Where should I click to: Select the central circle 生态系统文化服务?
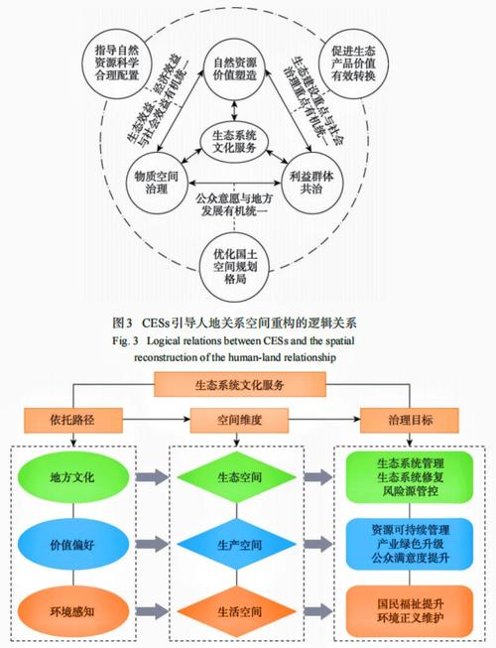click(233, 141)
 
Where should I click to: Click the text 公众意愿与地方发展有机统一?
click(234, 202)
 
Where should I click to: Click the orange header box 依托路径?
click(78, 420)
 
